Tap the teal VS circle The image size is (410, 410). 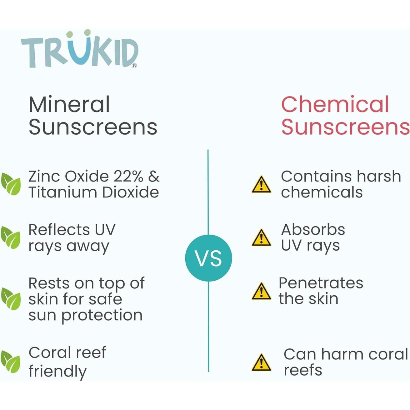[x=208, y=258]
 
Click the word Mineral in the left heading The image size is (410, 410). [x=69, y=105]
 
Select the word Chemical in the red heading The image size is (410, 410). [x=335, y=105]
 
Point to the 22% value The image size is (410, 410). [x=128, y=177]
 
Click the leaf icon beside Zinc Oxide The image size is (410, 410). [x=11, y=184]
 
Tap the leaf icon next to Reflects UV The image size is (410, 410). [x=11, y=237]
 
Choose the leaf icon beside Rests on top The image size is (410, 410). [x=11, y=299]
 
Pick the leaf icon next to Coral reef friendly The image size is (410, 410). [x=11, y=361]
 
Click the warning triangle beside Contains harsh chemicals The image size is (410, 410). [x=261, y=184]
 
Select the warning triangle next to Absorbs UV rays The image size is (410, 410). [x=261, y=238]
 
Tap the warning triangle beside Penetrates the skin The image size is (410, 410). [x=261, y=291]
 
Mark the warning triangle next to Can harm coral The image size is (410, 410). [x=261, y=362]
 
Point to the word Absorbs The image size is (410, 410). [x=313, y=230]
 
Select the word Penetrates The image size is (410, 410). [x=321, y=283]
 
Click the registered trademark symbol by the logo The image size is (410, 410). [x=134, y=66]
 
